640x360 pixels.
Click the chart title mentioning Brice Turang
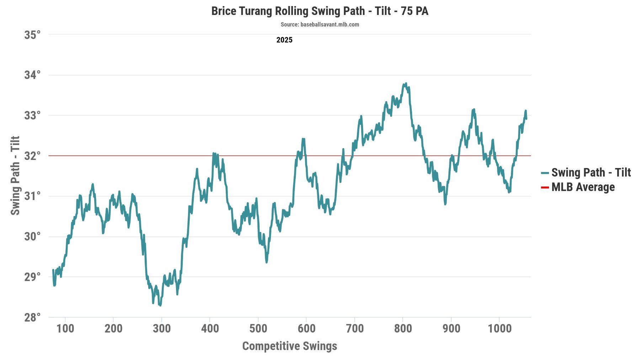[320, 11]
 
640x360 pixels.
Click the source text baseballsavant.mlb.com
[320, 25]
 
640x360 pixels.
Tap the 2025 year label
[284, 40]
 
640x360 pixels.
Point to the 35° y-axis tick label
[32, 35]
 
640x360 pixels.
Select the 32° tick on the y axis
[32, 156]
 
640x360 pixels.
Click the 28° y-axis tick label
[32, 317]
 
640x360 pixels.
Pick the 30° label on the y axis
[32, 236]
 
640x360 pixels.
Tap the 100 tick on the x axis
[65, 328]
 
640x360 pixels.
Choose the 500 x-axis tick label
[258, 328]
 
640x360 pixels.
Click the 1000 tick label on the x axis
[500, 328]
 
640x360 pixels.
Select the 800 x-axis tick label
[403, 328]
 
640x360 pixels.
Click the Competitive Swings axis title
[289, 346]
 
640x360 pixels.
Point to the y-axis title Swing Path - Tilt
[15, 175]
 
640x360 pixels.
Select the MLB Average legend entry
[583, 187]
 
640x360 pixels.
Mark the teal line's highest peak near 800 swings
[406, 84]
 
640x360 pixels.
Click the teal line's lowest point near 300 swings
[160, 305]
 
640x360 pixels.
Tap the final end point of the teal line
[526, 118]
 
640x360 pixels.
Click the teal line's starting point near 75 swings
[53, 270]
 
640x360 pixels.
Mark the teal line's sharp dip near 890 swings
[445, 204]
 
